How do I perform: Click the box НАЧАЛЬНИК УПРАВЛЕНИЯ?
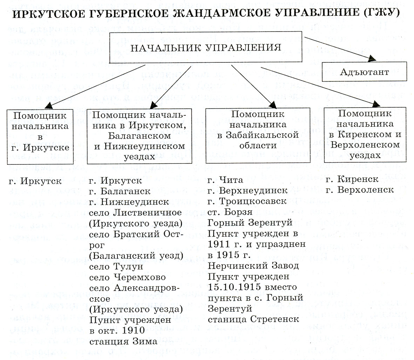206,47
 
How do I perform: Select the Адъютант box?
364,72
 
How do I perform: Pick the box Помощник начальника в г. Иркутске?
40,137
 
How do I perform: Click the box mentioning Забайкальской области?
258,135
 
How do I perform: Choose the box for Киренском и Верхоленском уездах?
365,135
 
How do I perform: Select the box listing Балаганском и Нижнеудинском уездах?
140,136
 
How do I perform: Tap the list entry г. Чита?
225,180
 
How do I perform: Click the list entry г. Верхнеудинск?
247,191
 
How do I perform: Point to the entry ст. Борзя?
226,212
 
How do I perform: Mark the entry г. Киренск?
352,179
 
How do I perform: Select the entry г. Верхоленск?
360,190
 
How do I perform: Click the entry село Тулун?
116,266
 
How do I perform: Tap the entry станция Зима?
123,341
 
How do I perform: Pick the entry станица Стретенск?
253,319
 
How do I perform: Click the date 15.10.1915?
234,287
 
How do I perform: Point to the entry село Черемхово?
128,277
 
